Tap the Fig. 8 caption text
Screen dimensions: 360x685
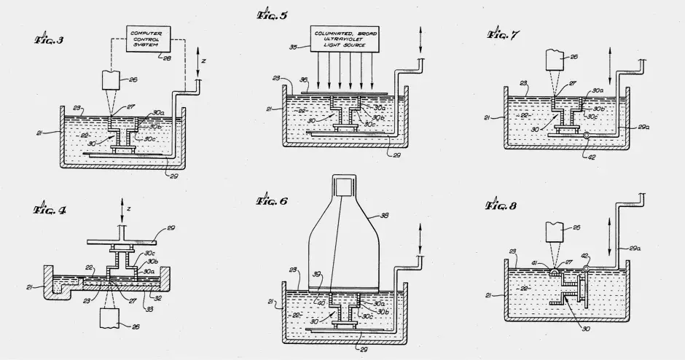tap(503, 206)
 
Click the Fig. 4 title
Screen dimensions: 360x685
tap(50, 210)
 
